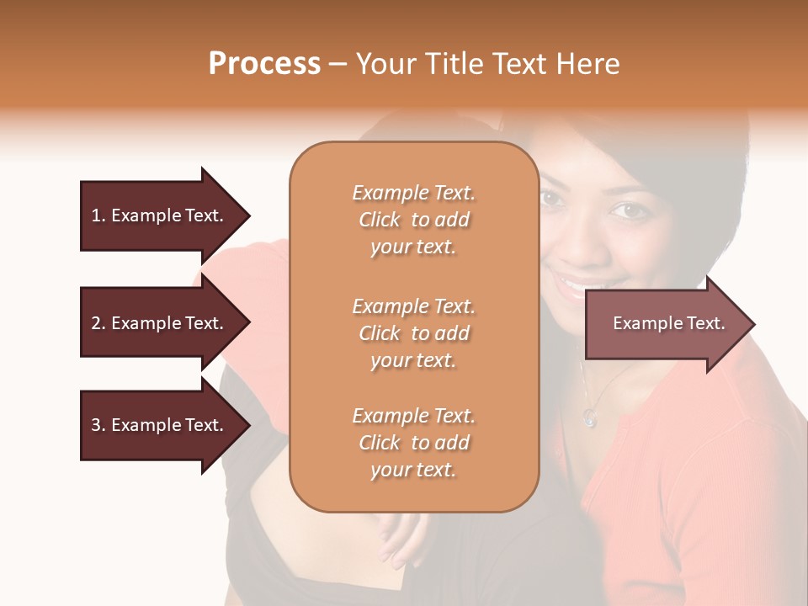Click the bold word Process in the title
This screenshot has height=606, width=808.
[x=264, y=64]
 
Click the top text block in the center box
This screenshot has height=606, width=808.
[x=413, y=220]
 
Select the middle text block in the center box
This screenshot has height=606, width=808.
[x=413, y=332]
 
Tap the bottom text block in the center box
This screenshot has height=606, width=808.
[x=413, y=443]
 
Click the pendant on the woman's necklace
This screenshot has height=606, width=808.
[x=590, y=416]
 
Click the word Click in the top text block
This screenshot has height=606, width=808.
[x=380, y=220]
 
